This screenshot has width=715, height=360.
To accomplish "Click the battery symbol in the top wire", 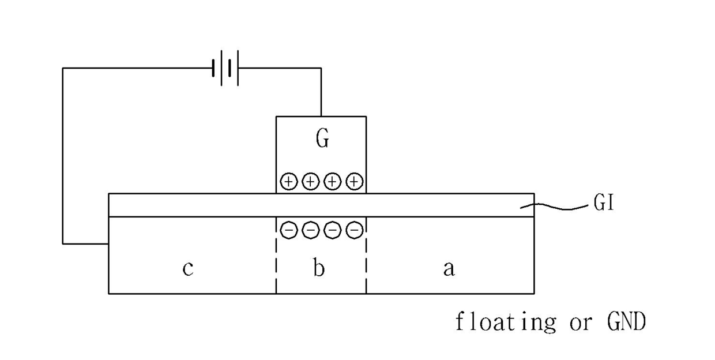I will (225, 68).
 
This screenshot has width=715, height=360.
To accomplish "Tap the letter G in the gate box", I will (322, 139).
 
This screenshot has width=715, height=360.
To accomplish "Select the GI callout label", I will (603, 204).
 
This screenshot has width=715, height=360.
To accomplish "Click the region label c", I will (188, 269).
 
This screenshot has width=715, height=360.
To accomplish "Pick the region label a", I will (449, 268).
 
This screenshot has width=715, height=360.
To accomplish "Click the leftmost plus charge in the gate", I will (288, 182).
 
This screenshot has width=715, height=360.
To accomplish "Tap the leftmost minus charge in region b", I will (289, 230).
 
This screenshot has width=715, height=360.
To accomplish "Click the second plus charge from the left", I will (310, 182).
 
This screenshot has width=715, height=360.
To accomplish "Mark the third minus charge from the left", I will (333, 230).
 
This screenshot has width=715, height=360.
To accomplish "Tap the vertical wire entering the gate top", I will (321, 92).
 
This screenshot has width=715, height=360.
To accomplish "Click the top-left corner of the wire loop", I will (63, 68).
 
